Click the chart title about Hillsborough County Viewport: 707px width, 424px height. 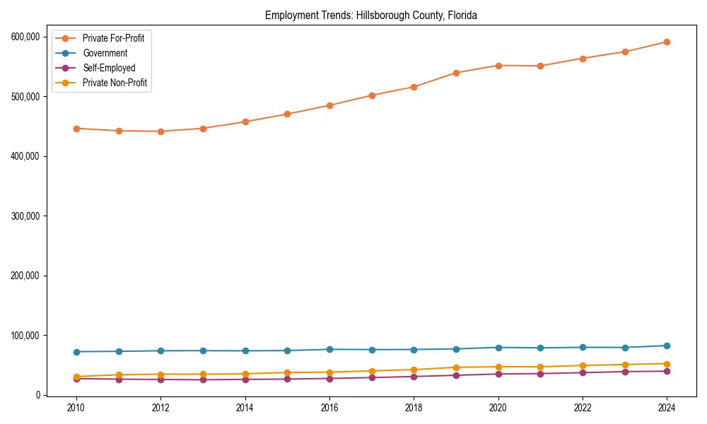click(x=371, y=15)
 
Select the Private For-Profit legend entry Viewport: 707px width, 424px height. click(x=113, y=38)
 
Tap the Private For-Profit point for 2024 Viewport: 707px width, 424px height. click(x=667, y=42)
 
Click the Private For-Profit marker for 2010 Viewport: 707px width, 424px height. click(x=76, y=129)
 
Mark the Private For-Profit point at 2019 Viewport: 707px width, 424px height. click(x=456, y=73)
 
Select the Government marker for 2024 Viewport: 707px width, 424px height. click(x=667, y=346)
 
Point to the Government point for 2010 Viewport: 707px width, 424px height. click(x=76, y=352)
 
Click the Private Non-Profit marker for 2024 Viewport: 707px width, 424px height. click(x=667, y=364)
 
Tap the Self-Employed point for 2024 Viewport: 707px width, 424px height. click(x=667, y=371)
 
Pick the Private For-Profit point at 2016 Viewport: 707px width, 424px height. click(x=329, y=105)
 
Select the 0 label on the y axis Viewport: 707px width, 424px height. click(x=38, y=395)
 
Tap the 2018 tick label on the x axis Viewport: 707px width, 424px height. click(x=414, y=408)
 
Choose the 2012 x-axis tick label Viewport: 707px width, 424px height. click(x=160, y=408)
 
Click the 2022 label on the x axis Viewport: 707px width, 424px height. click(x=583, y=408)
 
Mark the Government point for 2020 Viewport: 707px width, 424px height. click(x=498, y=348)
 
